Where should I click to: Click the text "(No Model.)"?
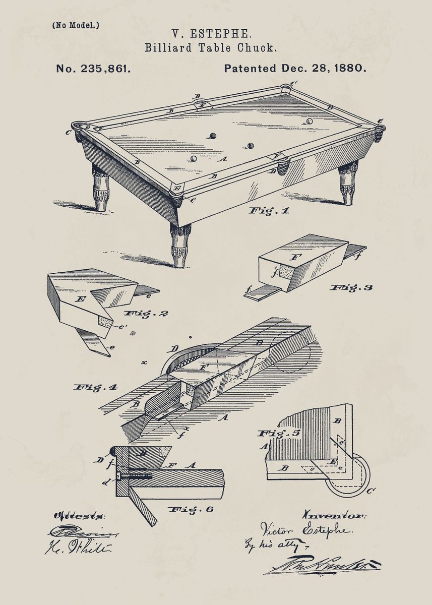(x=76, y=25)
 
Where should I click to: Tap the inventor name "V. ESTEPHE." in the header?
(x=211, y=34)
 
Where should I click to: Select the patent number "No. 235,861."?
(x=93, y=69)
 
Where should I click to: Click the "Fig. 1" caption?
(x=269, y=211)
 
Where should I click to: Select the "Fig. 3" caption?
(x=351, y=287)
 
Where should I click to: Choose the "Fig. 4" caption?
(x=96, y=387)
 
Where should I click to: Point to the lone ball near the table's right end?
(x=309, y=121)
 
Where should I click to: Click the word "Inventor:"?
(x=334, y=515)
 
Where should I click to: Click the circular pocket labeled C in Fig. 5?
(x=353, y=476)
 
